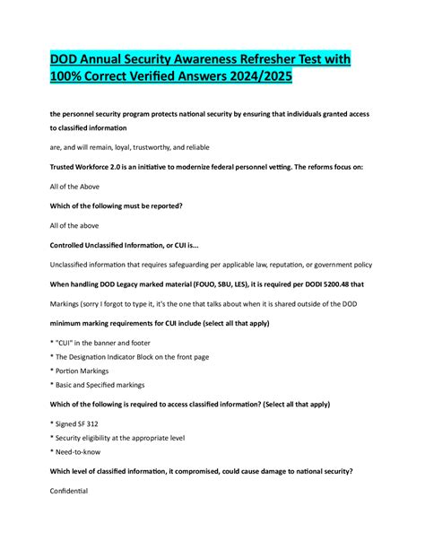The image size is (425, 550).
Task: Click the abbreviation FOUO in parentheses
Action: [212, 284]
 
